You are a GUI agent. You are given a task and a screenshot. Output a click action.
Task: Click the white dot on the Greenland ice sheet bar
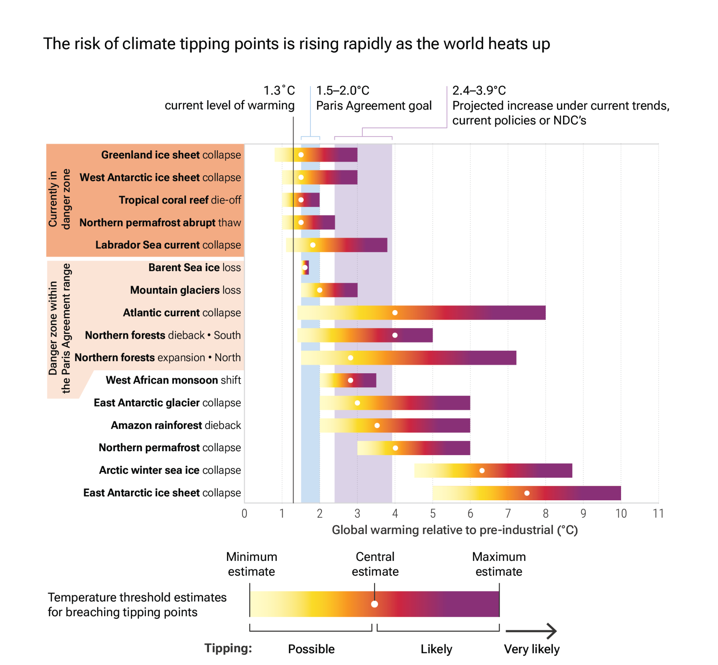pos(301,155)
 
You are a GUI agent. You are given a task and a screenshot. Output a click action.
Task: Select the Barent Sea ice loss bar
pos(305,267)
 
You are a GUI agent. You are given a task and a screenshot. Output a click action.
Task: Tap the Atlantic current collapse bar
pos(421,312)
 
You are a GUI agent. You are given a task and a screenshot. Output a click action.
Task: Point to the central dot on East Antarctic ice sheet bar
pos(527,493)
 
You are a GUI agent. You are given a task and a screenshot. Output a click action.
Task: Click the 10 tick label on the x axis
pos(621,514)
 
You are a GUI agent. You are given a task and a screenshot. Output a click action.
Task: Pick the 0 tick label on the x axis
pos(244,514)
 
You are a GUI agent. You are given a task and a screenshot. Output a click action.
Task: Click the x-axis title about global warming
pos(454,530)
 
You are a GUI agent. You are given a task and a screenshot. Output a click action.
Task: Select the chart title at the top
pos(297,44)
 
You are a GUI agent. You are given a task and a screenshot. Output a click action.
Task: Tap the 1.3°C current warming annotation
pos(230,98)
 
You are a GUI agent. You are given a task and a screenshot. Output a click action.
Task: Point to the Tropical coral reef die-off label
pos(179,200)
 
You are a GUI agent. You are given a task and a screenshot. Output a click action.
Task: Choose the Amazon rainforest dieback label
pos(176,425)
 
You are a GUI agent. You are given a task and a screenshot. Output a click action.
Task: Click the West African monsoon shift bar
pos(348,380)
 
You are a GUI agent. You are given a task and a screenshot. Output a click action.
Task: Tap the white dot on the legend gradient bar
pos(374,604)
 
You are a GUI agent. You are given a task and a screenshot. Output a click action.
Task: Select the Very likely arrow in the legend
pos(531,631)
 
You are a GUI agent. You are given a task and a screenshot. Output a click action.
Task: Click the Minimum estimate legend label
pos(252,564)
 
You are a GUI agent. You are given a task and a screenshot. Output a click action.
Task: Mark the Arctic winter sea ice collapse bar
pos(493,471)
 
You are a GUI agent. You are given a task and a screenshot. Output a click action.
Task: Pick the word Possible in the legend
pos(311,649)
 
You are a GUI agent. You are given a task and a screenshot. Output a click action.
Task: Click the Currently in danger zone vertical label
pos(59,199)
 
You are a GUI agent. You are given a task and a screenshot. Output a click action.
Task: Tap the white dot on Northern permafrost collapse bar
pos(395,448)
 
